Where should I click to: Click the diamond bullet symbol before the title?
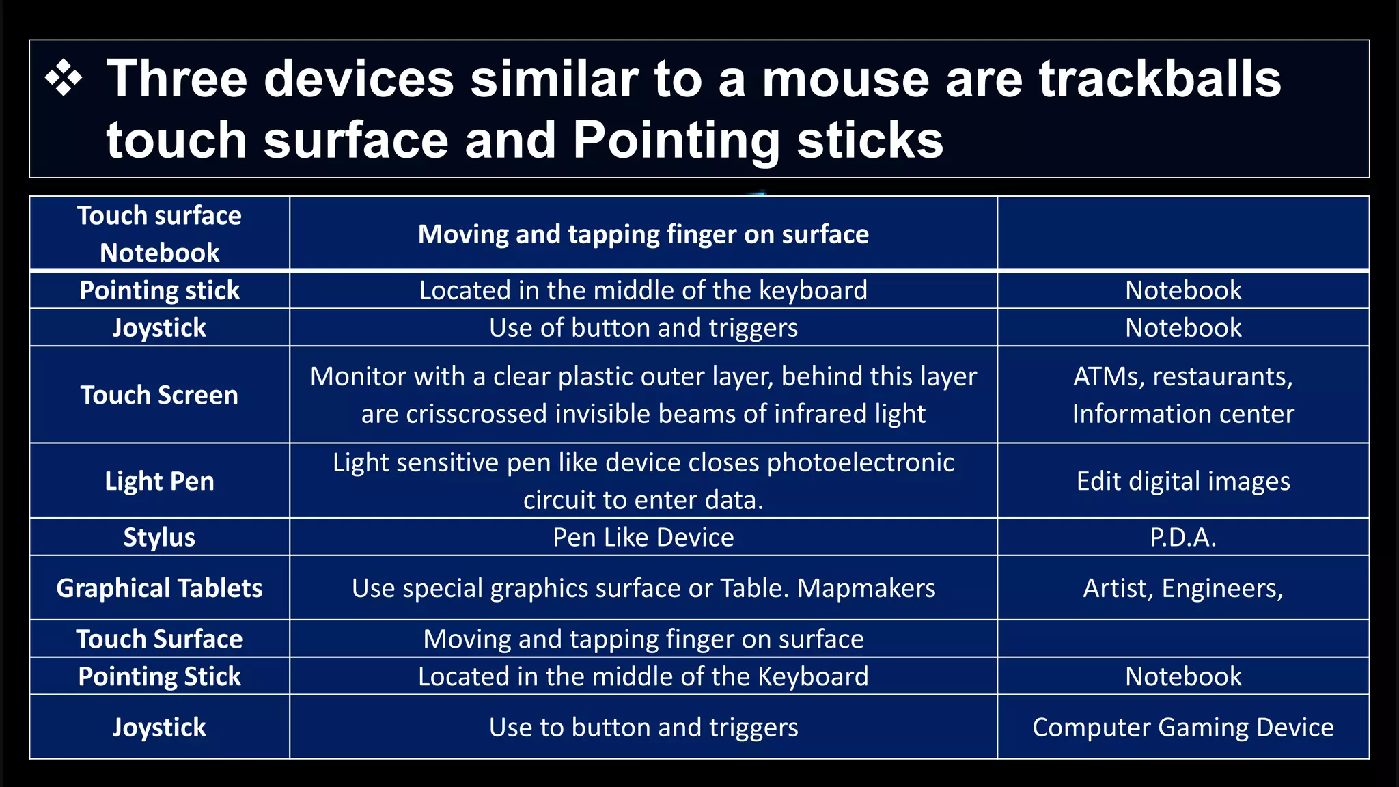click(64, 79)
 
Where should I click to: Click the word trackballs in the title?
click(1159, 79)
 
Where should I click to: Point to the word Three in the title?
click(176, 79)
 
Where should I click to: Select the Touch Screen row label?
click(159, 395)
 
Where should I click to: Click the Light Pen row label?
click(159, 481)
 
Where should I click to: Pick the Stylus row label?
click(159, 537)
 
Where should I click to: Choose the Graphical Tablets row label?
click(159, 588)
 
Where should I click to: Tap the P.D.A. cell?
click(1183, 537)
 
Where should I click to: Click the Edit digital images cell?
click(1183, 481)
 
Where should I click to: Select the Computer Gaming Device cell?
click(1183, 728)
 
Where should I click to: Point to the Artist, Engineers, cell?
click(1183, 588)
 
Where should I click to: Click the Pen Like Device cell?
click(643, 537)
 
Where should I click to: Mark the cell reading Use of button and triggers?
click(643, 328)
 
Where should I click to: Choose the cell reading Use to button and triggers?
click(643, 728)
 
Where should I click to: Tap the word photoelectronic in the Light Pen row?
click(861, 462)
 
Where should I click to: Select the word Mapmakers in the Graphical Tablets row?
click(866, 588)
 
